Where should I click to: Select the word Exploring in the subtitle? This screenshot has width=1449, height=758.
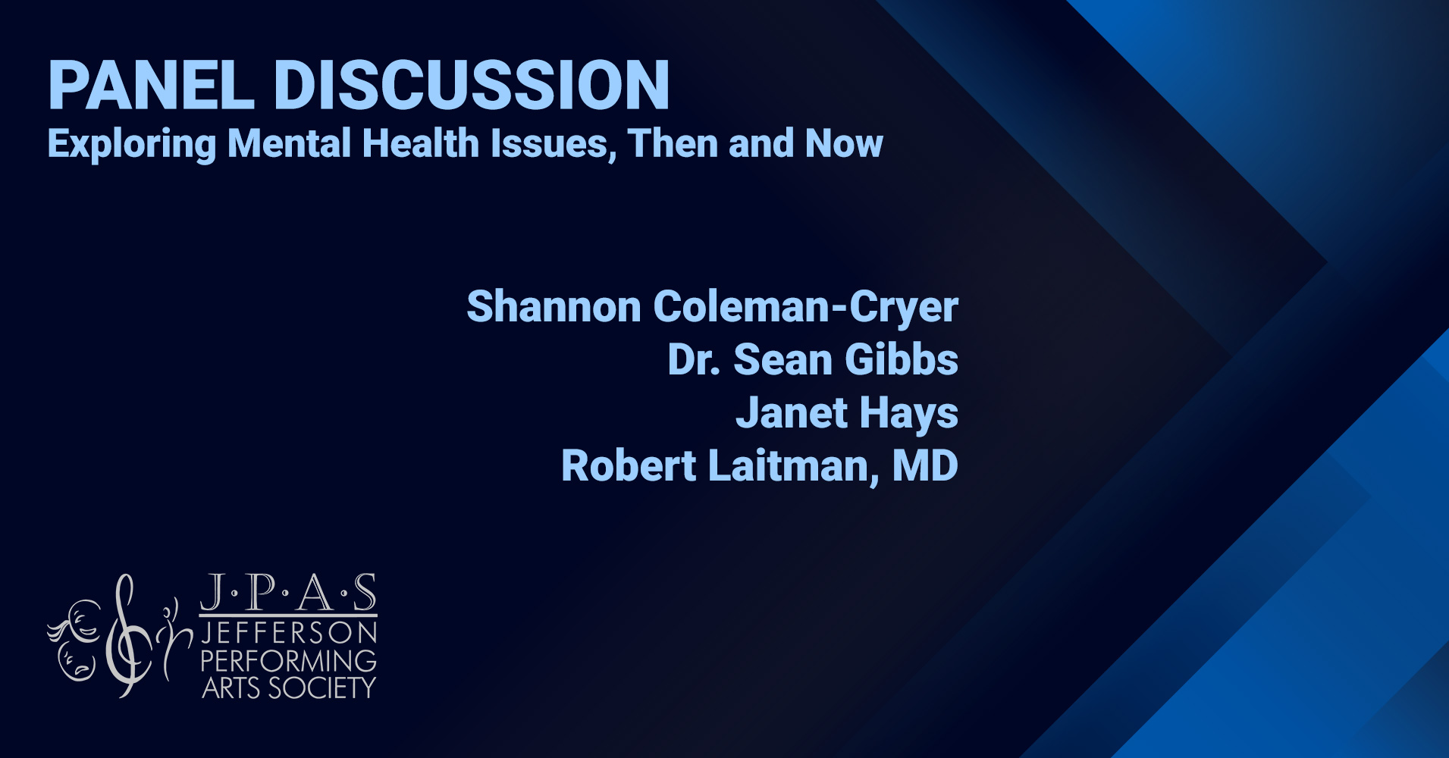[x=132, y=144]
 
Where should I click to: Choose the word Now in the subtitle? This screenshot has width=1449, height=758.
[x=844, y=143]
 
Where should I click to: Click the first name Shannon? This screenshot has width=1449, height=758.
[x=554, y=306]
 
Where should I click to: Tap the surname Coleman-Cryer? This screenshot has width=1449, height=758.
[x=805, y=308]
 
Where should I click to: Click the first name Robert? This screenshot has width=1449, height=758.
[x=629, y=465]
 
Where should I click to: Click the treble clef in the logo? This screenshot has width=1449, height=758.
[x=126, y=635]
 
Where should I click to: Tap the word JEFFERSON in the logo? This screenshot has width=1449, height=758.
[x=289, y=633]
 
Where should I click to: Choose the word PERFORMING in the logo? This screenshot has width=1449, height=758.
[x=289, y=661]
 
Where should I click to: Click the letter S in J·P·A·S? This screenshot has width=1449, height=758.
[x=365, y=593]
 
